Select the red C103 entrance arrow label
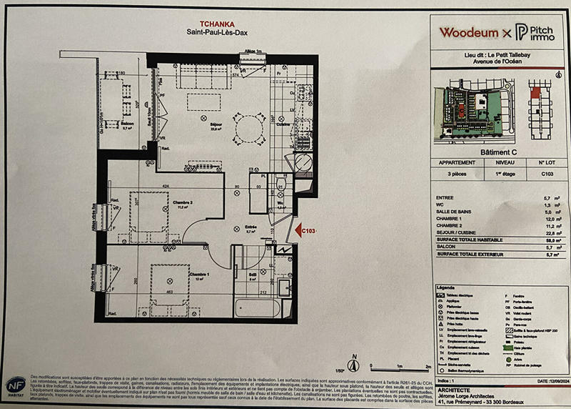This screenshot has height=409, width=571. coord(308,230)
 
